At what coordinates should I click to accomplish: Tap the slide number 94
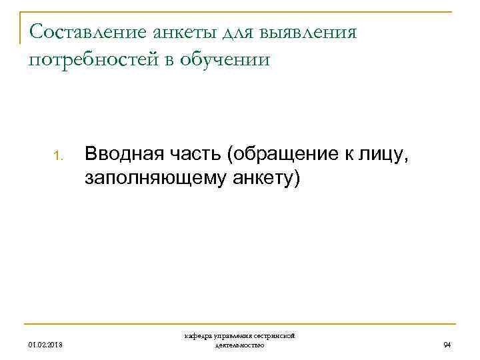447,345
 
